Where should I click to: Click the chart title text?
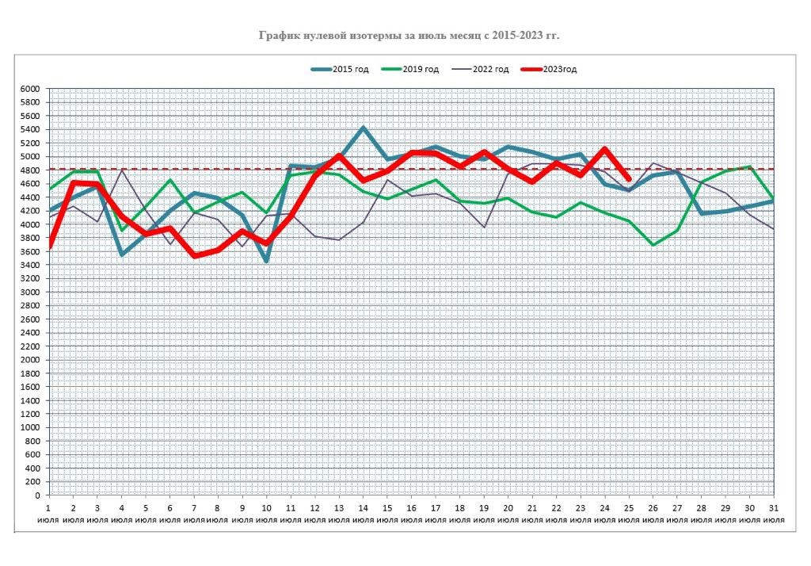point(414,35)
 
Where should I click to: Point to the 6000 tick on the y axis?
point(29,89)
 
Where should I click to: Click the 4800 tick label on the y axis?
point(29,170)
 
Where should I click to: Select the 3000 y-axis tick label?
point(29,292)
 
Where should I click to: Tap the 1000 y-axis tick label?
point(29,427)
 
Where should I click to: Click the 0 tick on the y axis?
point(36,495)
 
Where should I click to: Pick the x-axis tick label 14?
point(363,508)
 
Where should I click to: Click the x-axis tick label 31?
point(772,508)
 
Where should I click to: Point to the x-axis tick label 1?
point(49,508)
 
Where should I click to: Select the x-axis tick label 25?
point(628,508)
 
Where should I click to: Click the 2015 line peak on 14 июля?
point(363,128)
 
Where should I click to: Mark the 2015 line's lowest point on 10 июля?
point(266,261)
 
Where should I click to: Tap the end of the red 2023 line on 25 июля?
point(628,179)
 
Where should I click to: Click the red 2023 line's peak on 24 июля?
point(604,149)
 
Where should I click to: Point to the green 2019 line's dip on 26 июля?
point(653,245)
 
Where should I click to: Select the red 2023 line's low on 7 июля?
point(194,256)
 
